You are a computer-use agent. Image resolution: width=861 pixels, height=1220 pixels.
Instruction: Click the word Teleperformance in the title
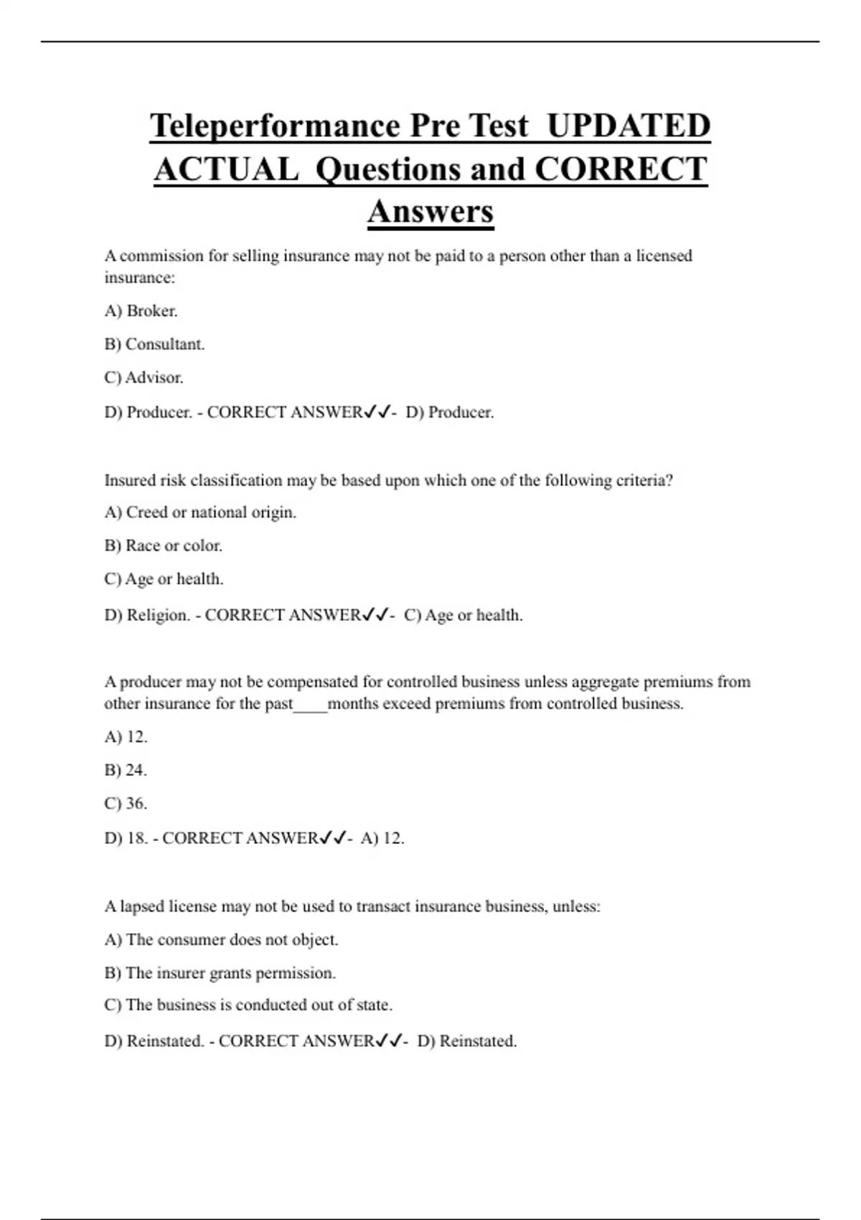click(276, 126)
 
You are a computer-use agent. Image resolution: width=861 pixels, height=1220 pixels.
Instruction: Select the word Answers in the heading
click(430, 212)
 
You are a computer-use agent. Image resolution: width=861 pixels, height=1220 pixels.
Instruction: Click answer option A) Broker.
click(141, 311)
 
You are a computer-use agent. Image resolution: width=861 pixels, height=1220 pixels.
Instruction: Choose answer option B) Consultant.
click(155, 344)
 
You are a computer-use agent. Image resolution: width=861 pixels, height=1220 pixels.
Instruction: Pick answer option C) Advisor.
click(144, 377)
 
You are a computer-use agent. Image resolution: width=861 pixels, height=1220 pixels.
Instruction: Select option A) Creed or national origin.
click(200, 512)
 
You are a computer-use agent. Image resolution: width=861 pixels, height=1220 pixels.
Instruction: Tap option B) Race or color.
click(164, 545)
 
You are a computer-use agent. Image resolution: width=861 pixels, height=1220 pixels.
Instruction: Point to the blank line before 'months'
click(310, 705)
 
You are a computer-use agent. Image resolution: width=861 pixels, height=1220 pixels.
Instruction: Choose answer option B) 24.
click(126, 770)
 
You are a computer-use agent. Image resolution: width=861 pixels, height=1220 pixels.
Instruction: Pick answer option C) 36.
click(126, 804)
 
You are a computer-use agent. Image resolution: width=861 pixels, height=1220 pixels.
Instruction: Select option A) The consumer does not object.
click(221, 940)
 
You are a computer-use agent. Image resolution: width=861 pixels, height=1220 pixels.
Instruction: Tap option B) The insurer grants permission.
click(220, 973)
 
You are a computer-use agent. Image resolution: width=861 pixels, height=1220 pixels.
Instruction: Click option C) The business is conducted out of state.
click(248, 1005)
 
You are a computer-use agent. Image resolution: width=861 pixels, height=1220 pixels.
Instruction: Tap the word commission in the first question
click(162, 256)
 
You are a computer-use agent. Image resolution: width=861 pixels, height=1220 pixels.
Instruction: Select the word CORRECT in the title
click(621, 169)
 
